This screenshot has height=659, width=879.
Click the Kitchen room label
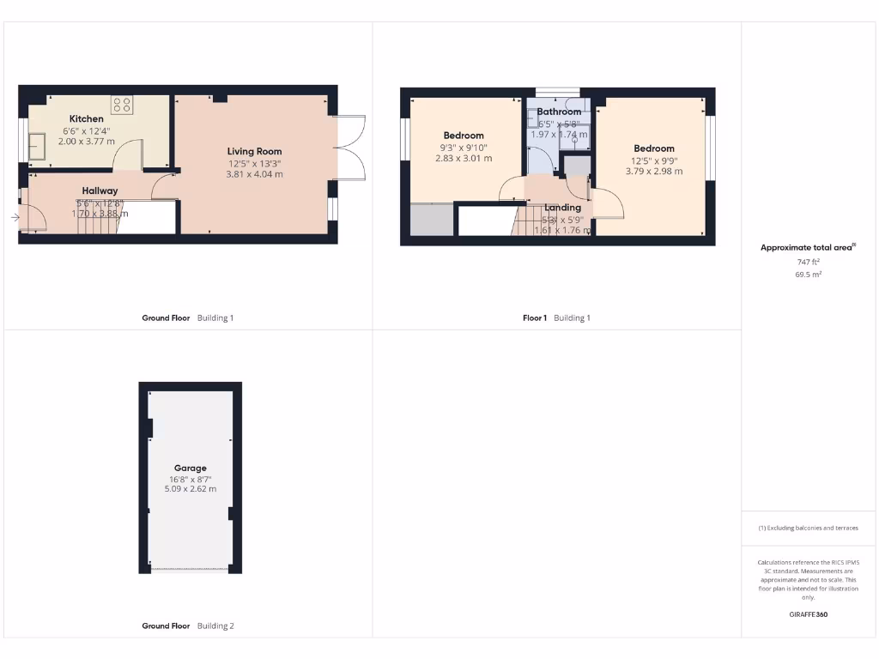(x=87, y=118)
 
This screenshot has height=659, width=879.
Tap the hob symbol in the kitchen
(x=122, y=105)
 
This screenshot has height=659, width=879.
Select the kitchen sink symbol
(x=39, y=147)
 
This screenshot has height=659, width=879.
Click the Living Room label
(x=254, y=152)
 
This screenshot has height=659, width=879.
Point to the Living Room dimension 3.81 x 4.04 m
(x=254, y=174)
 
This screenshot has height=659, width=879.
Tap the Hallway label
(x=100, y=190)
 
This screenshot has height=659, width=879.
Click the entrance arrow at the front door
(x=15, y=218)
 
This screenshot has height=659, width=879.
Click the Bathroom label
(x=559, y=112)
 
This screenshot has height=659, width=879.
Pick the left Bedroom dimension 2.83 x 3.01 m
(x=464, y=158)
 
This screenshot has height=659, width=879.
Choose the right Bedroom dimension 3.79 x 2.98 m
(x=654, y=171)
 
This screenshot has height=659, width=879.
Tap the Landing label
(x=563, y=208)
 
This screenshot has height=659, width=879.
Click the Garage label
(x=191, y=469)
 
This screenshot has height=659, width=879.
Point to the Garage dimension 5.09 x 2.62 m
(x=191, y=489)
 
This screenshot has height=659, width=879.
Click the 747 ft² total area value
(x=808, y=262)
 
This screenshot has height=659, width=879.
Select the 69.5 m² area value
(x=808, y=275)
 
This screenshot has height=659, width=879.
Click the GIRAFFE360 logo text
(x=808, y=614)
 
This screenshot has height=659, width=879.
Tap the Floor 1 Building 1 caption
(x=556, y=318)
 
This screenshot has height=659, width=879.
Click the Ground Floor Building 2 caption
(x=187, y=626)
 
